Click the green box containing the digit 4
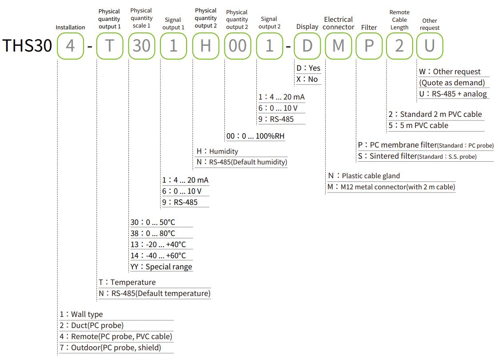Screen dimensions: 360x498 (x=70, y=45)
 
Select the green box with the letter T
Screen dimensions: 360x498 (x=109, y=45)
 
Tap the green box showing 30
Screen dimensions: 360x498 (x=141, y=45)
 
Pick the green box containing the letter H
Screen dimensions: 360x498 (x=205, y=45)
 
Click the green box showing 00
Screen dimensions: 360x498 (x=237, y=45)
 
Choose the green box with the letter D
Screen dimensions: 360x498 (x=307, y=45)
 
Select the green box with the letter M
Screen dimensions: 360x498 (x=339, y=45)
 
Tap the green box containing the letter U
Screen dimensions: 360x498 (x=430, y=45)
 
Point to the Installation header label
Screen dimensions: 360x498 (x=70, y=28)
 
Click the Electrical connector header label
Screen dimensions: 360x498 (x=339, y=23)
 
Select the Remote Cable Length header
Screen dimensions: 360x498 (x=399, y=20)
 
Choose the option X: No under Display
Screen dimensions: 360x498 (x=307, y=79)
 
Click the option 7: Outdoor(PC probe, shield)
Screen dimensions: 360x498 (x=116, y=348)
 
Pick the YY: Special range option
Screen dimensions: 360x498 (x=161, y=267)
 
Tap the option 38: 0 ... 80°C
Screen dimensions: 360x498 (x=153, y=233)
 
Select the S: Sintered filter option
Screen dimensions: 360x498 (x=417, y=156)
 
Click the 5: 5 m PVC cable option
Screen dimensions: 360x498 (x=418, y=125)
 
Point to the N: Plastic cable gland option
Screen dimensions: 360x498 (x=364, y=176)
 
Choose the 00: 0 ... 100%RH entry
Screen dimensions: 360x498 (x=255, y=136)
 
